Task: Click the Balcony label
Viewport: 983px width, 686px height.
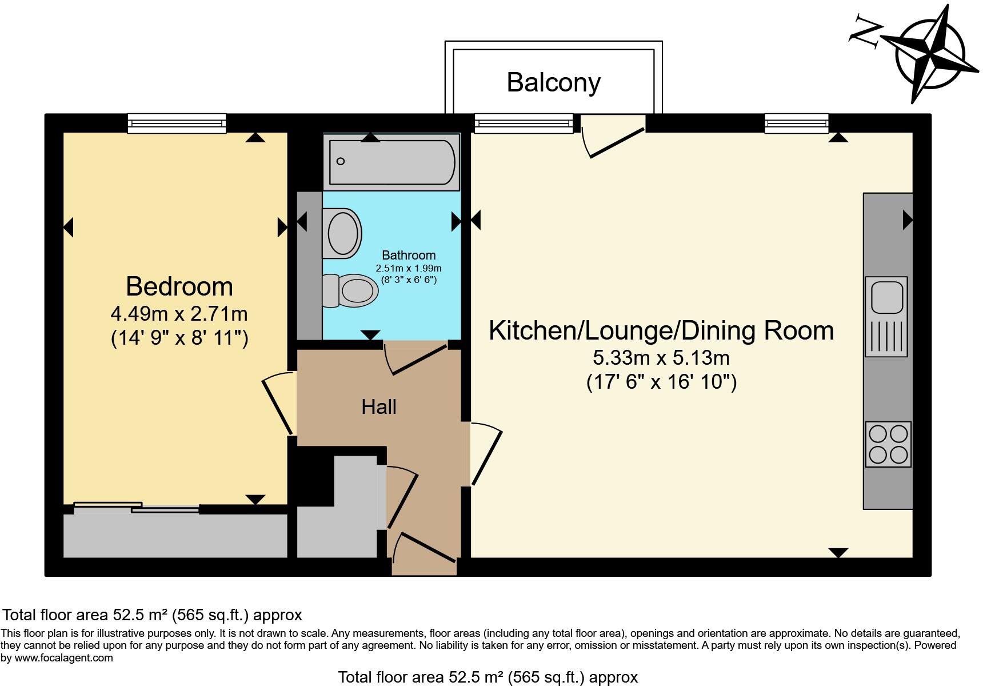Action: coord(553,82)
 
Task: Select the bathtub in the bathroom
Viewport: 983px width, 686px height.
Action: coord(391,162)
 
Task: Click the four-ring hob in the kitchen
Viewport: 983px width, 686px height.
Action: coord(888,444)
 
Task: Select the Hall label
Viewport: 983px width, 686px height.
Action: coord(379,407)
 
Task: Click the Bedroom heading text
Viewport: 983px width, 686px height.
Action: coord(179,286)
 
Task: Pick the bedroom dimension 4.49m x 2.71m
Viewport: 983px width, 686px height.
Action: coord(179,314)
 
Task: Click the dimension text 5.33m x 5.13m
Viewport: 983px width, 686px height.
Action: coord(661,358)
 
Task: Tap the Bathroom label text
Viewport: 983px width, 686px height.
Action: coord(409,255)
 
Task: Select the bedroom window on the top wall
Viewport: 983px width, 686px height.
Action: coord(177,123)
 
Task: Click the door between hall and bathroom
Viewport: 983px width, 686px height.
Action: coord(415,358)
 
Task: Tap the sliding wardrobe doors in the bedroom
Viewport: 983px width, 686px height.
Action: coord(136,506)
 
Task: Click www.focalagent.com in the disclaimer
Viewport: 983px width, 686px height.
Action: coord(64,658)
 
